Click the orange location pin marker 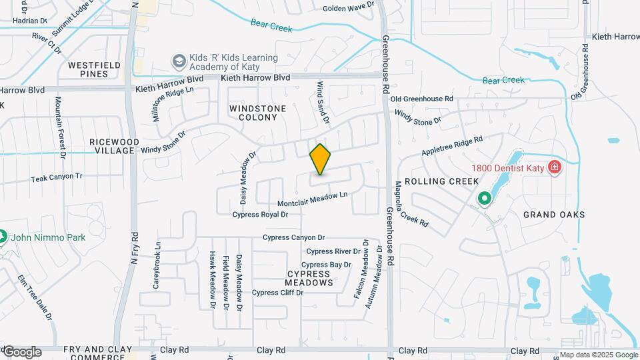point(321,159)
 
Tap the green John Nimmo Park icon point(2,237)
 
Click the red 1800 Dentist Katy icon point(553,167)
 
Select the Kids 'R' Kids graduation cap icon point(179,62)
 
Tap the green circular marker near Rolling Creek point(484,199)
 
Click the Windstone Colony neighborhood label point(258,113)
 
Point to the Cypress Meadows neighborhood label point(309,279)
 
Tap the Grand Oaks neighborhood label point(554,215)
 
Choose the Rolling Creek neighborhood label point(451,181)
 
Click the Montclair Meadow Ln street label point(313,198)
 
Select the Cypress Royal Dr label point(260,215)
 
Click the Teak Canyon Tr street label point(57,179)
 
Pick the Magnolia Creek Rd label point(411,203)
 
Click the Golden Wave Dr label point(348,8)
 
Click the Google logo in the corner point(21,352)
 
